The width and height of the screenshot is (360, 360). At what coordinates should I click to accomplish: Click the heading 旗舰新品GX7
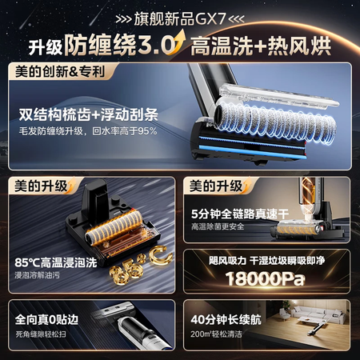tap(180, 18)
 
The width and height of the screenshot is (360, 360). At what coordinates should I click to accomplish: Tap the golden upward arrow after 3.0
tap(178, 42)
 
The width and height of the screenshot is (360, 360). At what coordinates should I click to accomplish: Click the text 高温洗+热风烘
tap(261, 46)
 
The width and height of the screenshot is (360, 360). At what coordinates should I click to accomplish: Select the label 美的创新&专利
tap(60, 71)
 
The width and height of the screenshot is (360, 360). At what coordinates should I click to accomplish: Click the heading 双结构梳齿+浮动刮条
tap(89, 115)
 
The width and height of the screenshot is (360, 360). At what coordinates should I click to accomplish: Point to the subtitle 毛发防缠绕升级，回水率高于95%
tap(88, 131)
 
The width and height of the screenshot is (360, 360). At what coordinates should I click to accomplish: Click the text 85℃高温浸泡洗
tap(56, 262)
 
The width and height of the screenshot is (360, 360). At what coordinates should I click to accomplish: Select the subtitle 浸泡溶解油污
tap(38, 275)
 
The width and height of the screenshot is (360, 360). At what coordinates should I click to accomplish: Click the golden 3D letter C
tap(161, 255)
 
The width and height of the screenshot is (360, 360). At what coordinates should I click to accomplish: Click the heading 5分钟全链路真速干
tap(240, 214)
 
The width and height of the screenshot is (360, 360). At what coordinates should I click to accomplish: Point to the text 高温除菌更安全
tap(218, 226)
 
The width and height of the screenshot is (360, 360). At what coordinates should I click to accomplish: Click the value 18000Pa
tap(265, 279)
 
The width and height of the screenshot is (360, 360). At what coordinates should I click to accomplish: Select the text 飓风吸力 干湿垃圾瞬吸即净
tap(266, 261)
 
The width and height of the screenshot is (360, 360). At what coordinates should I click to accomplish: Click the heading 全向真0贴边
tap(46, 320)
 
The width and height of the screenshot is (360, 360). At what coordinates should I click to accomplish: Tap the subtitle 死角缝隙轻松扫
tap(41, 334)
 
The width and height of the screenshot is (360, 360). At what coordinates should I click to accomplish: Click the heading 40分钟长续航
tap(226, 320)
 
